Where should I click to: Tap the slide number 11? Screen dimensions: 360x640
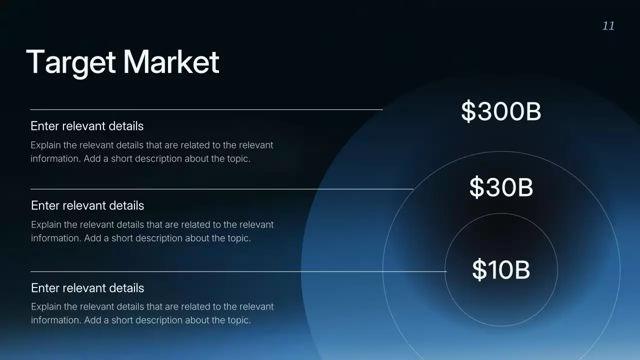pos(608,26)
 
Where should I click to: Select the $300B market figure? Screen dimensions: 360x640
pos(500,111)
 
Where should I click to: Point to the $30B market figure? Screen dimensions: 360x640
pos(501,187)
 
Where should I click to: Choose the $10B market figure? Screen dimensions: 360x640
pos(500,269)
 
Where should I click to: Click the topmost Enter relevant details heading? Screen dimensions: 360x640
pos(87,126)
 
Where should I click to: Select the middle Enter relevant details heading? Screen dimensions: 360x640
pos(87,205)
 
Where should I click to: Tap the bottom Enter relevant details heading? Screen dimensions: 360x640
pos(87,288)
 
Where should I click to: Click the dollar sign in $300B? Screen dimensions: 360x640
pos(468,111)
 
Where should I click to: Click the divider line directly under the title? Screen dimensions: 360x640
pos(206,109)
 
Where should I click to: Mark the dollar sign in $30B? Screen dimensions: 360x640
pos(476,187)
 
